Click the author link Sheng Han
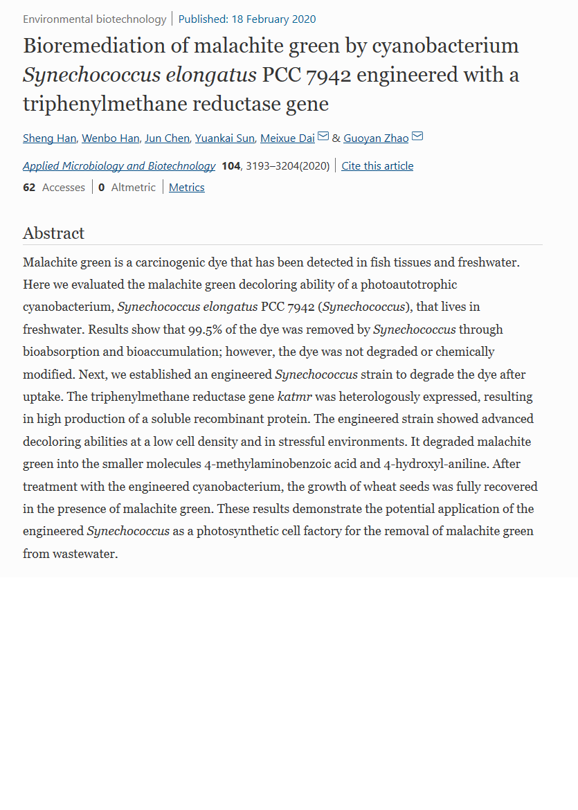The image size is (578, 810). pos(49,138)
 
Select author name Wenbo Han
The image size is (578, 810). pos(110,138)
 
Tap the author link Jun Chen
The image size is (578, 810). pos(167,138)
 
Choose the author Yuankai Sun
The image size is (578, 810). pos(224,138)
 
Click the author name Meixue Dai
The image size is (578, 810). pos(287,138)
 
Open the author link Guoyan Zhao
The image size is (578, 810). pos(376,138)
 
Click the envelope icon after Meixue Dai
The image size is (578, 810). pos(323,136)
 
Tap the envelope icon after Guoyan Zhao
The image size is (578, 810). pos(417,136)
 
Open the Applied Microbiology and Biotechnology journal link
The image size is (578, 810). pos(119,165)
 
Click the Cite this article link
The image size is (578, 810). pos(377,165)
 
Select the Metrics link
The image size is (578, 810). pos(187,187)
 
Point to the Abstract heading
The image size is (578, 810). pos(53,233)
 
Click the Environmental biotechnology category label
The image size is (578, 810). pos(94,19)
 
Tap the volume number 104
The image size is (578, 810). pos(231,165)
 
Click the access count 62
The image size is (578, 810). pos(29,187)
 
